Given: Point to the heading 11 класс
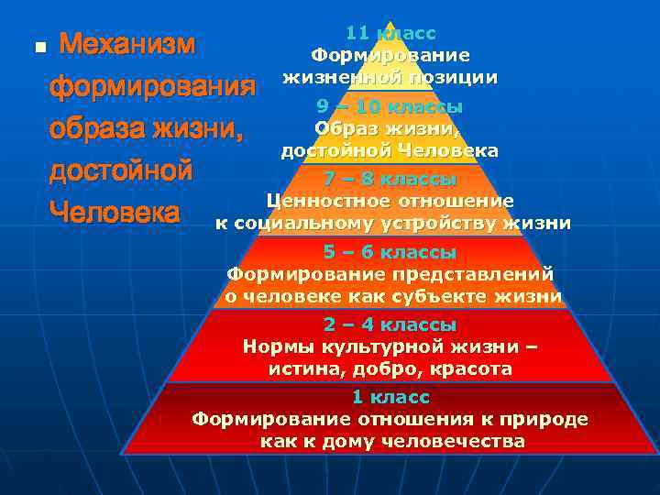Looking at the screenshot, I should (390, 34).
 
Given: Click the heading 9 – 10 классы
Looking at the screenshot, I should (390, 106).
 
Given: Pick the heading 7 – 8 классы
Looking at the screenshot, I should (390, 179).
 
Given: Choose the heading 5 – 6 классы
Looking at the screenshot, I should (390, 251).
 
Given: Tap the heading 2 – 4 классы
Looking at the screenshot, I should (390, 324).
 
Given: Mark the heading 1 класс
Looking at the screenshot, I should (390, 397).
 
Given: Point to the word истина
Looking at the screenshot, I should (301, 368).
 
